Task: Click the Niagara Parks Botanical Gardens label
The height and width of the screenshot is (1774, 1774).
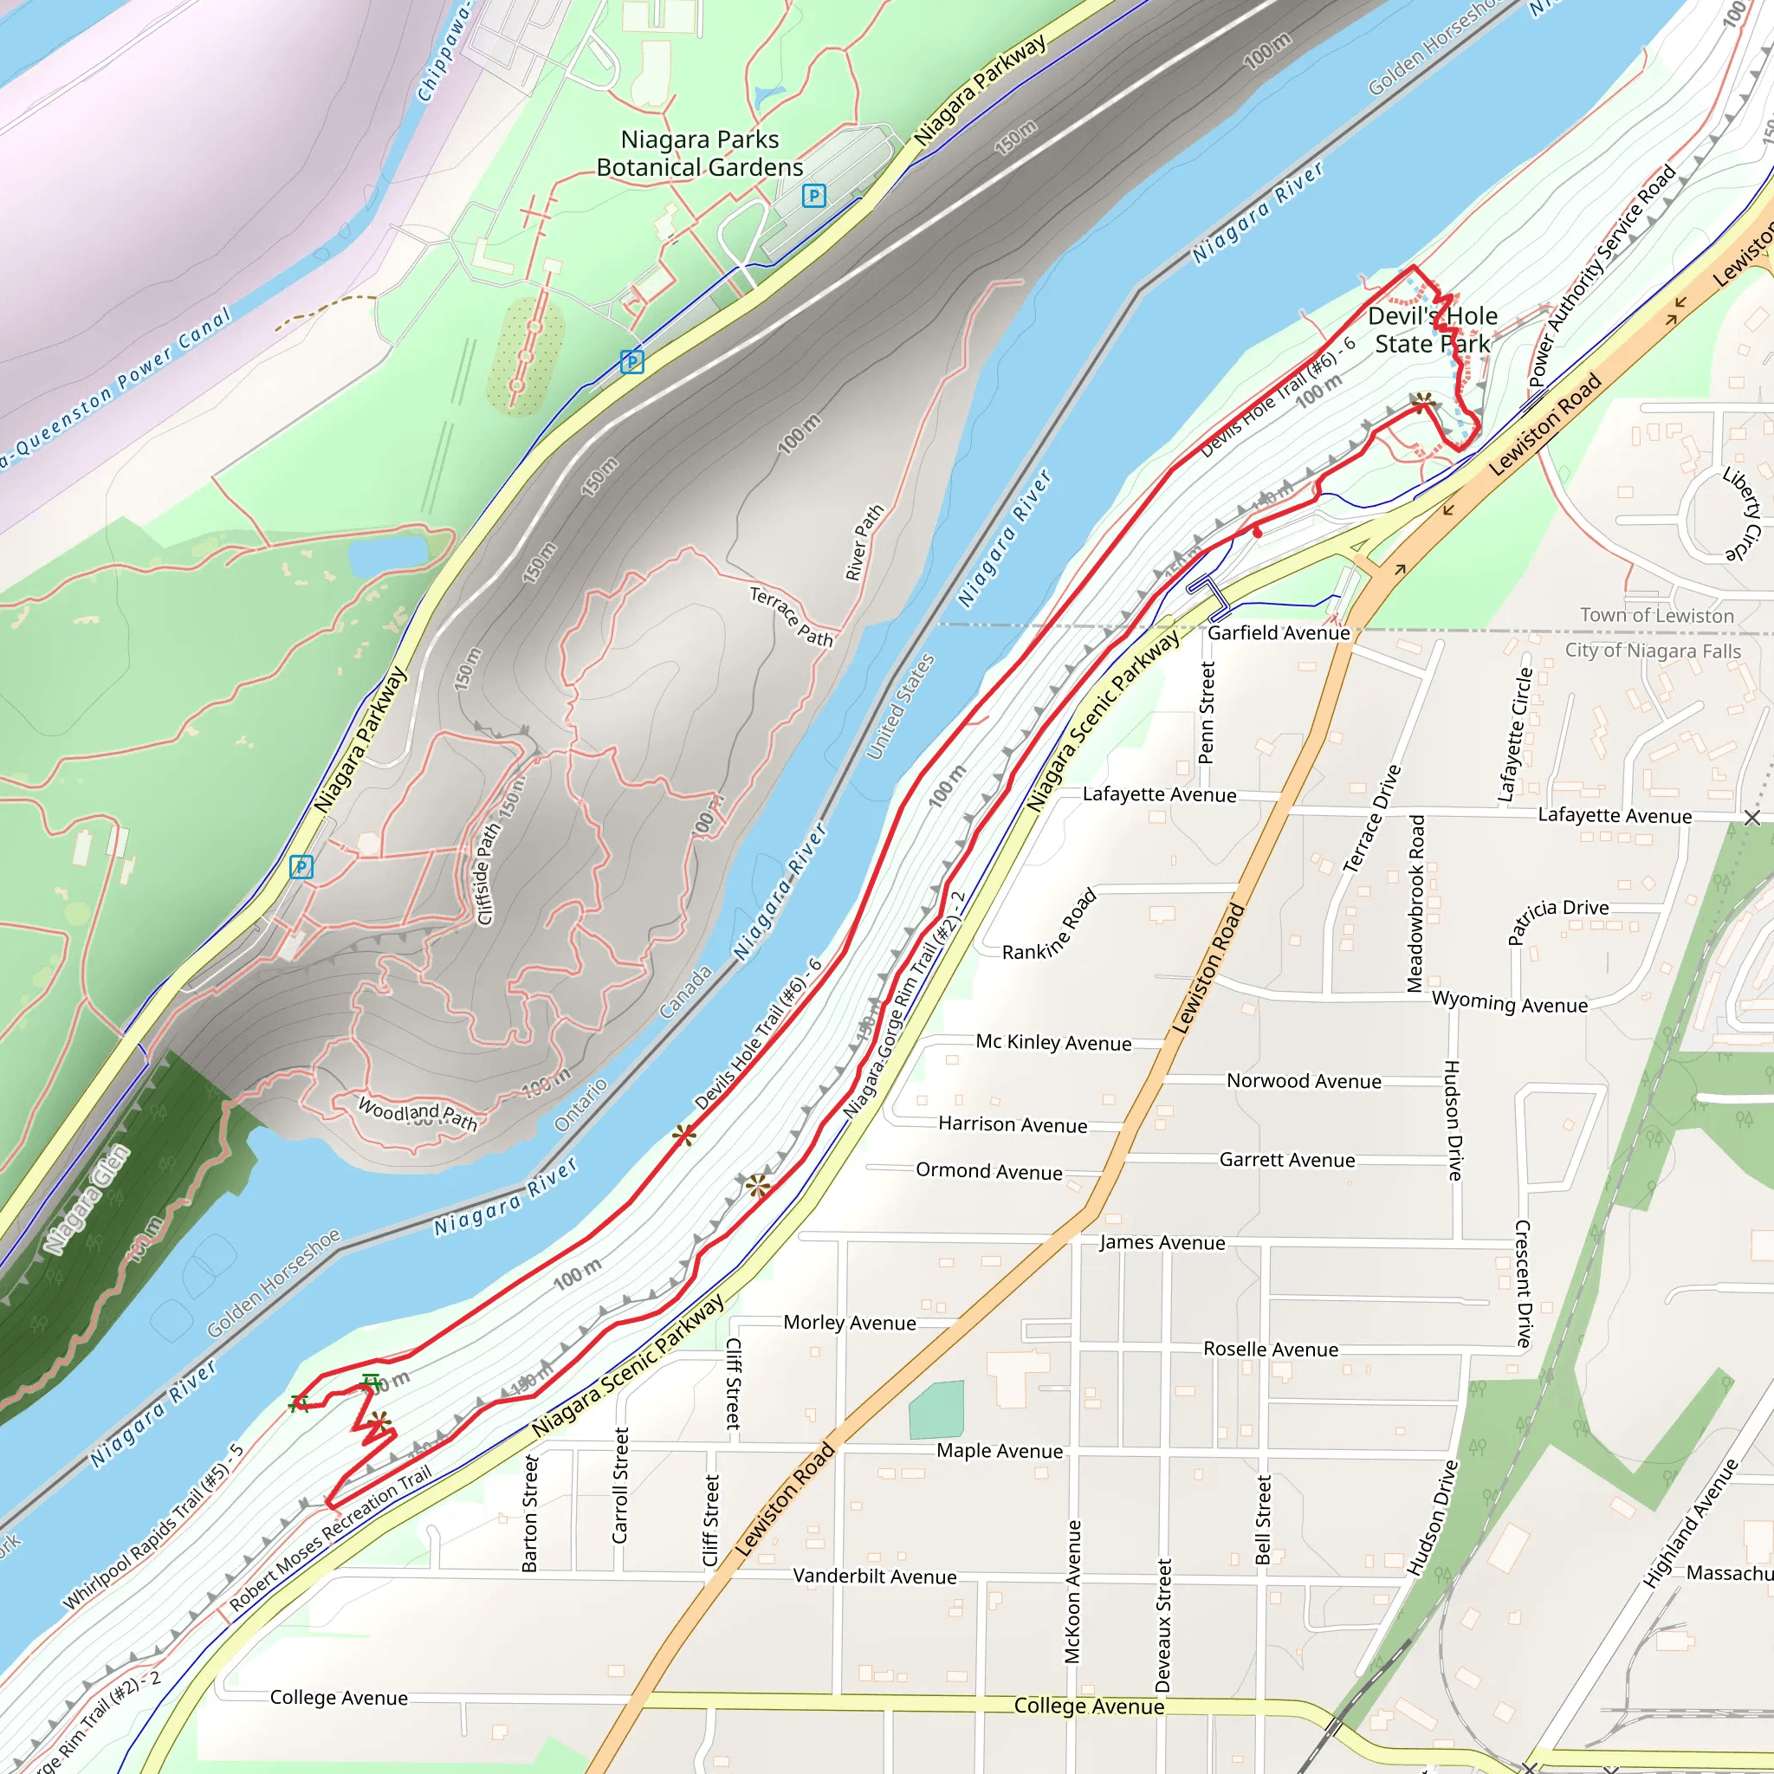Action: coord(700,153)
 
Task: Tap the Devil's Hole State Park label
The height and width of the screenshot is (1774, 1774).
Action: coord(1433,330)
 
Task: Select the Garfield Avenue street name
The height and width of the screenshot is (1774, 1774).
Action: coord(1279,632)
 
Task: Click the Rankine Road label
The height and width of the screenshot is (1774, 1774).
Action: coord(1050,926)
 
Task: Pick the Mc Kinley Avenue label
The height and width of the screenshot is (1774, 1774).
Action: coord(1053,1042)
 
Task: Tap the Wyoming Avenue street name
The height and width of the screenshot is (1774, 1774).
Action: coord(1510,1003)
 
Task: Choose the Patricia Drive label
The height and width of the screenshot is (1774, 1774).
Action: coord(1558,919)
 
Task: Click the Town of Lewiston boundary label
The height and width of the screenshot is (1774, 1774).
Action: coord(1656,615)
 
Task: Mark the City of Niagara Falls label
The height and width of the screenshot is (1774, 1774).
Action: coord(1653,651)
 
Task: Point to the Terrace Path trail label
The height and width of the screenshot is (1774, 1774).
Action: coord(792,616)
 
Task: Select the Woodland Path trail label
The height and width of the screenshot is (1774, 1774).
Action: coord(418,1114)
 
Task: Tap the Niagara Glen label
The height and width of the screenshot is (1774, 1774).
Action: coord(87,1199)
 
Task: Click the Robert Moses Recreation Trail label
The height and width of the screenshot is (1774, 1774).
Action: coord(330,1538)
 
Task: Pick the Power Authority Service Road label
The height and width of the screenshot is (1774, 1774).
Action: coord(1602,275)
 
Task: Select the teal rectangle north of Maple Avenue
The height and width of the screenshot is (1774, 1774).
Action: coord(936,1408)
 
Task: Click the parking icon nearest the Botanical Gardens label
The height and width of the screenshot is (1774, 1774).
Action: coord(813,196)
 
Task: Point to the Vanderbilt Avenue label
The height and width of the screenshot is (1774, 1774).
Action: coord(874,1577)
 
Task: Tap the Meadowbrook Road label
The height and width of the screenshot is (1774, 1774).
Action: coord(1417,903)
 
